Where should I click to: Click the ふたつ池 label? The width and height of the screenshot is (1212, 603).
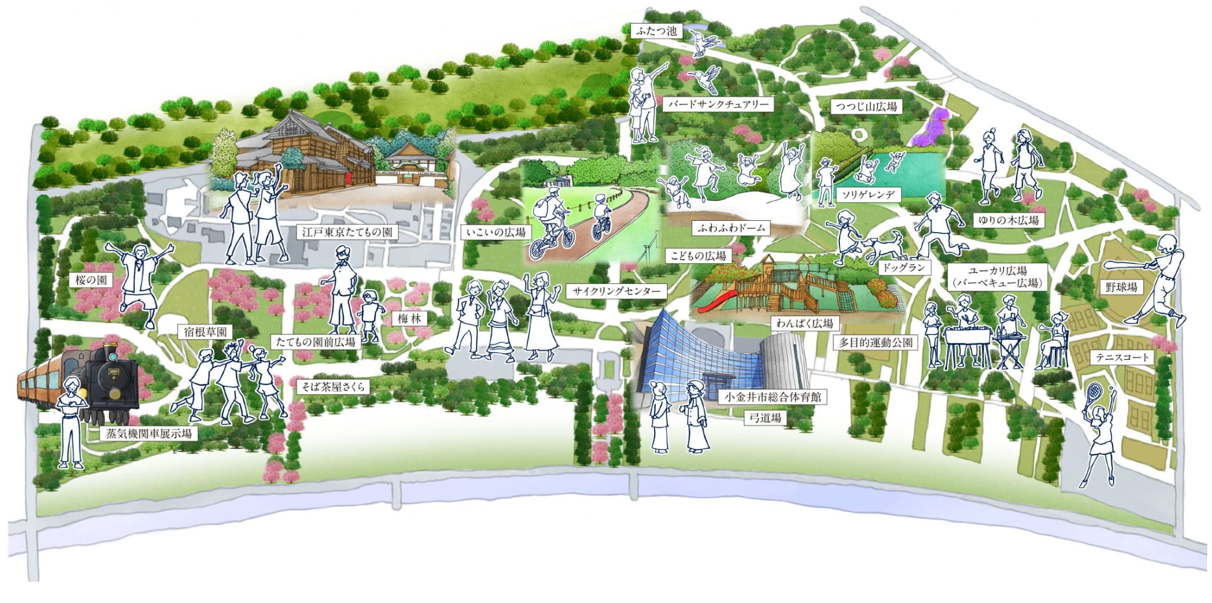[656, 31]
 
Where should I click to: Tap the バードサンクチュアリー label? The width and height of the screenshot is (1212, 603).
[718, 105]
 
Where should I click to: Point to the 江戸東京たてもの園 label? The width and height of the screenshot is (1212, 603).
[347, 231]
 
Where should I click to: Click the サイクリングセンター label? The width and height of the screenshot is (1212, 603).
[616, 291]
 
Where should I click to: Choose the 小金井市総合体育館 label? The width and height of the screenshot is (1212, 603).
[772, 397]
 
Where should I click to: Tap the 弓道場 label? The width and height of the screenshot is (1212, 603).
[765, 418]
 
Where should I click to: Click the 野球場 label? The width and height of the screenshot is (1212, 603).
[1121, 287]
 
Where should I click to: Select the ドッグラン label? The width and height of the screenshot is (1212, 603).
[905, 267]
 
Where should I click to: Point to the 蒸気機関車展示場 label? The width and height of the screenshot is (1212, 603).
[148, 434]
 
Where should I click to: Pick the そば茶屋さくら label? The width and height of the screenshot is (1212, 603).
[333, 386]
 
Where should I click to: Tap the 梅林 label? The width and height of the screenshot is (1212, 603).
[409, 319]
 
